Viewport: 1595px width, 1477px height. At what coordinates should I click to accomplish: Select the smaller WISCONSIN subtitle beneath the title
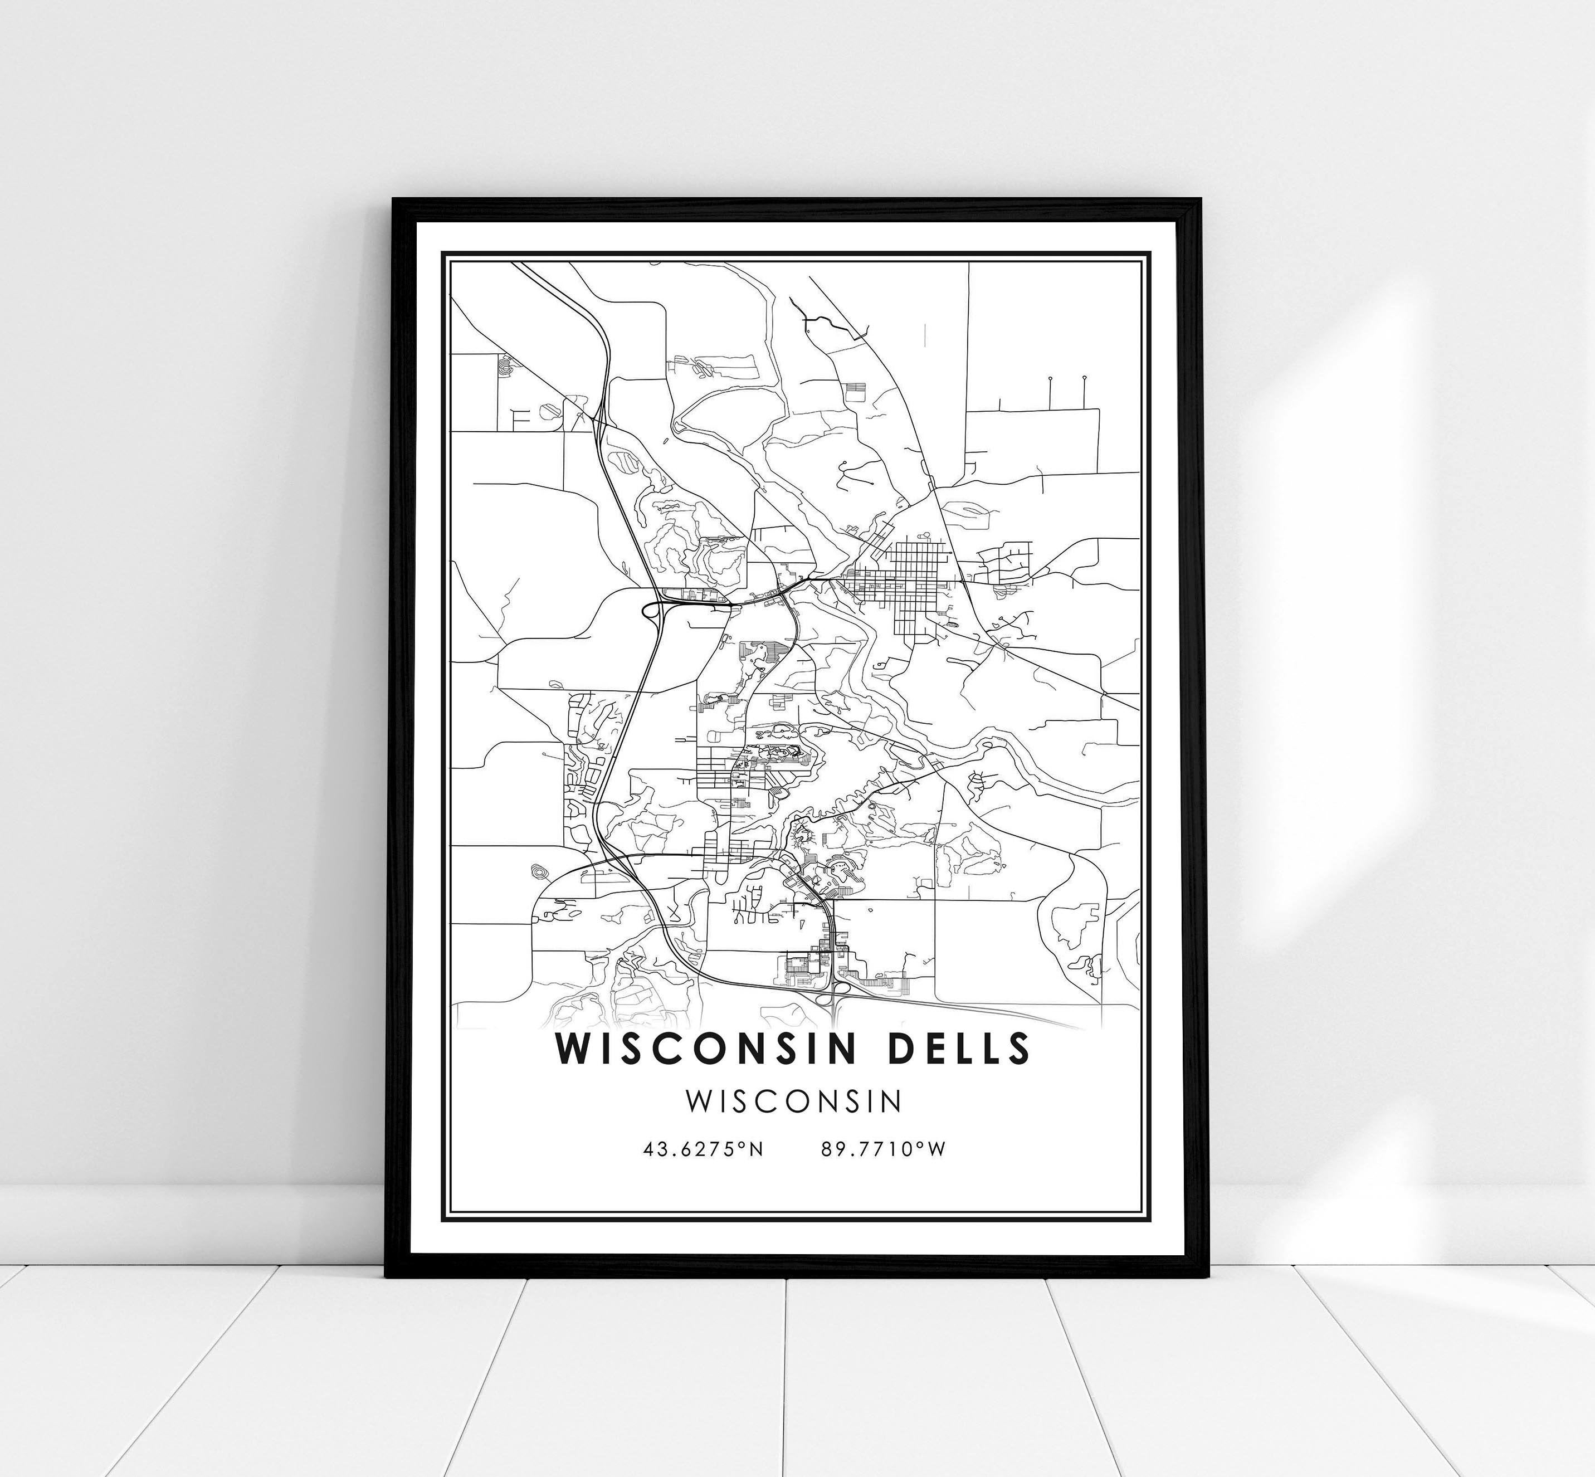tap(793, 1101)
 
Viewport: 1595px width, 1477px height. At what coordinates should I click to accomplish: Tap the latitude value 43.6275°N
tap(703, 1149)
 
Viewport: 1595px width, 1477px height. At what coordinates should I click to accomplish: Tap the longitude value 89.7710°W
tap(883, 1149)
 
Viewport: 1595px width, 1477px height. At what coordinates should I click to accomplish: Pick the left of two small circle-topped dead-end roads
tap(1048, 377)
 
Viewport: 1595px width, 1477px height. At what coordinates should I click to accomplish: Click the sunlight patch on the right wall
tap(1358, 360)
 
